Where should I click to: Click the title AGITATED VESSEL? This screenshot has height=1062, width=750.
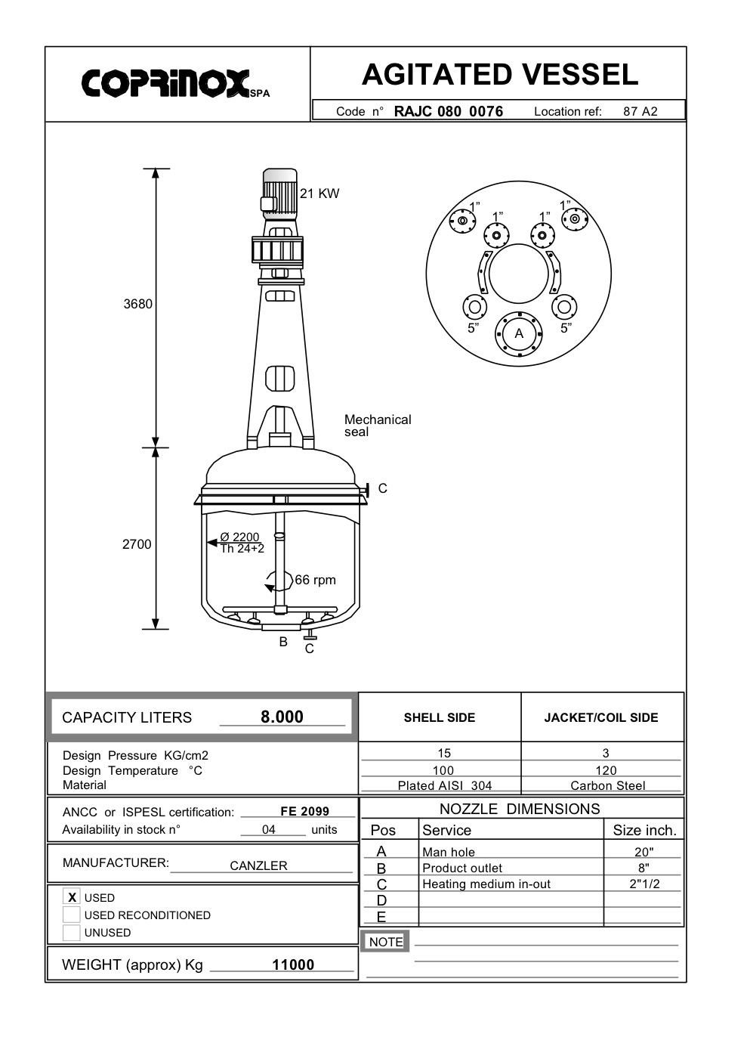499,75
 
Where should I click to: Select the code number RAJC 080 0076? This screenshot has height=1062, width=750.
448,111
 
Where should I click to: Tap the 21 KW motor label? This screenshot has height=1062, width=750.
319,194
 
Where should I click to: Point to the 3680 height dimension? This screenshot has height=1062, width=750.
137,304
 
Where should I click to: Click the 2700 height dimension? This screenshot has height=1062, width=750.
137,544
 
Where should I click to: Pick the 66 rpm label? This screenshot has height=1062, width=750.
315,580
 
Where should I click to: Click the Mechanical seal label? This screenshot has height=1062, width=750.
377,426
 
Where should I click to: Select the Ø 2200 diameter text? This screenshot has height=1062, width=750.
239,537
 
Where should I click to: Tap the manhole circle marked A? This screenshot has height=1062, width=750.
519,333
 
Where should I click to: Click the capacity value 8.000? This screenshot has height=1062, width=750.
282,717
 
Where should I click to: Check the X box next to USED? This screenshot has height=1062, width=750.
72,897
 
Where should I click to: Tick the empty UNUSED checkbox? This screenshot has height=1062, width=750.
72,933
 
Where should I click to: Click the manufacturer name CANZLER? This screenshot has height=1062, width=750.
258,865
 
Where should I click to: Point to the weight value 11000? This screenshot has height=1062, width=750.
293,964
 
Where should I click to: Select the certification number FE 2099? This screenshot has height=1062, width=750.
304,811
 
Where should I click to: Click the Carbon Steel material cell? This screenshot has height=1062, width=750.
607,785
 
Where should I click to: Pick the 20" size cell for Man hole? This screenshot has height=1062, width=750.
644,852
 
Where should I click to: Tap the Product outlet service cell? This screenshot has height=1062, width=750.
461,868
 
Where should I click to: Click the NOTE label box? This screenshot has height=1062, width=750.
386,942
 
